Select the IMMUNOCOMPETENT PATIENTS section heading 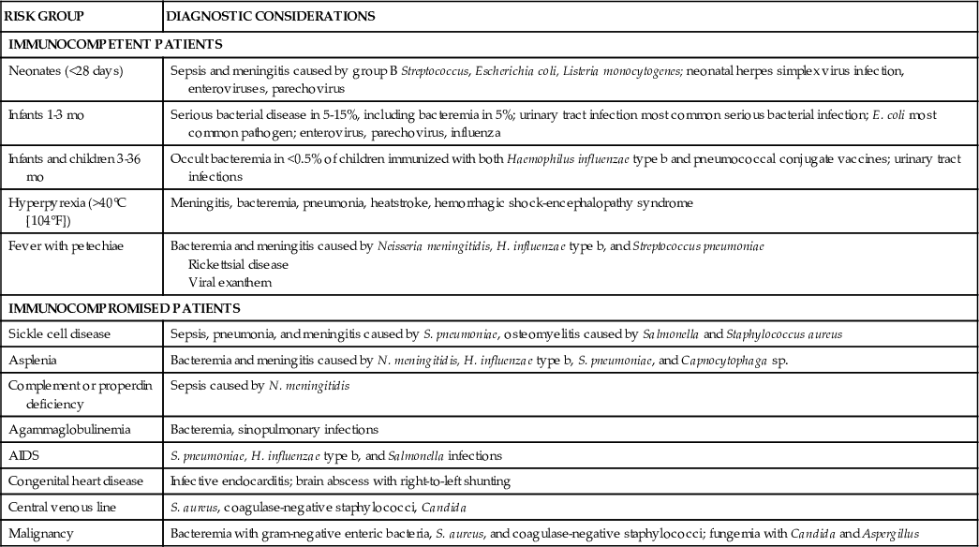click(x=114, y=44)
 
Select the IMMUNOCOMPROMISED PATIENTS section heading click(x=124, y=306)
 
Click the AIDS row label click(x=24, y=456)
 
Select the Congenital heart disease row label click(x=76, y=481)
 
